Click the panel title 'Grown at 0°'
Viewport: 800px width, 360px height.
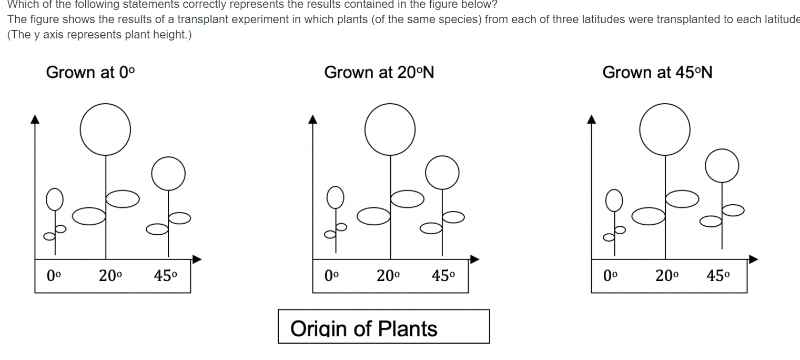coord(90,72)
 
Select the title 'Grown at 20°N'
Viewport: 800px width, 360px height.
coord(379,72)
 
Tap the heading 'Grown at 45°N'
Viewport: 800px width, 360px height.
coord(657,72)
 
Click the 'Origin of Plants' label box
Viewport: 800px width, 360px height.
coord(383,327)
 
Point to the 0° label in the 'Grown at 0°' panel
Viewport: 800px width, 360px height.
coord(54,276)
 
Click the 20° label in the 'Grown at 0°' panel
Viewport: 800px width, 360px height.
coord(110,276)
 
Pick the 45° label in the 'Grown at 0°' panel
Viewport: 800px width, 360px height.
coord(166,276)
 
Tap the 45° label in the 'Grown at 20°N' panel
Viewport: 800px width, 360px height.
coord(443,276)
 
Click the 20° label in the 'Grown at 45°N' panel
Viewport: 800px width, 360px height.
coord(667,276)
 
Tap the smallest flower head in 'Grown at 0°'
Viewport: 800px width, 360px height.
coord(55,199)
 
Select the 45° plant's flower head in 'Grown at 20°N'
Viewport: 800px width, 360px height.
coord(442,173)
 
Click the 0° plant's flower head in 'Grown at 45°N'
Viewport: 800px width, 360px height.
coord(613,201)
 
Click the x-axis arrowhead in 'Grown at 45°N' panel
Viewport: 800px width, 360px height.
coord(754,259)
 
